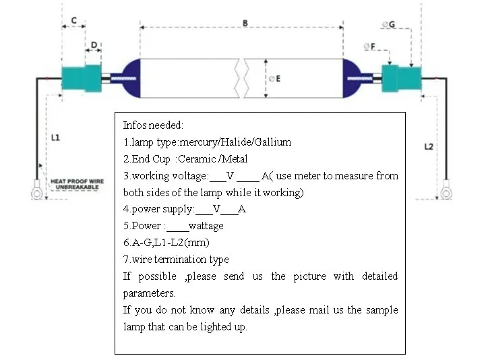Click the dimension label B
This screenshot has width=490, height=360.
(x=245, y=23)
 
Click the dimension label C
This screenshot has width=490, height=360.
(x=73, y=21)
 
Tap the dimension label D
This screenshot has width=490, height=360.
(x=93, y=45)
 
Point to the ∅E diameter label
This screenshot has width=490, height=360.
(x=274, y=79)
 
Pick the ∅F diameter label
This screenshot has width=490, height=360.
(x=369, y=46)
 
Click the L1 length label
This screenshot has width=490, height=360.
(x=55, y=138)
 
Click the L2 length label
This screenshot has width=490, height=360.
(x=429, y=146)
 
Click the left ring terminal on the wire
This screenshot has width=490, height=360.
(x=37, y=194)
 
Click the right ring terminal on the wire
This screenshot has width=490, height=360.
(x=446, y=193)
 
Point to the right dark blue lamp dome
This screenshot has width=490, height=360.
(x=353, y=78)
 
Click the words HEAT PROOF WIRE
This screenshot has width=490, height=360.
(x=78, y=181)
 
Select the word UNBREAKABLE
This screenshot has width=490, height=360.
(x=78, y=188)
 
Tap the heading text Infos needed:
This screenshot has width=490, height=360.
(x=153, y=125)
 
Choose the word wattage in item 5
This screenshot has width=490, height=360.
(x=206, y=226)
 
